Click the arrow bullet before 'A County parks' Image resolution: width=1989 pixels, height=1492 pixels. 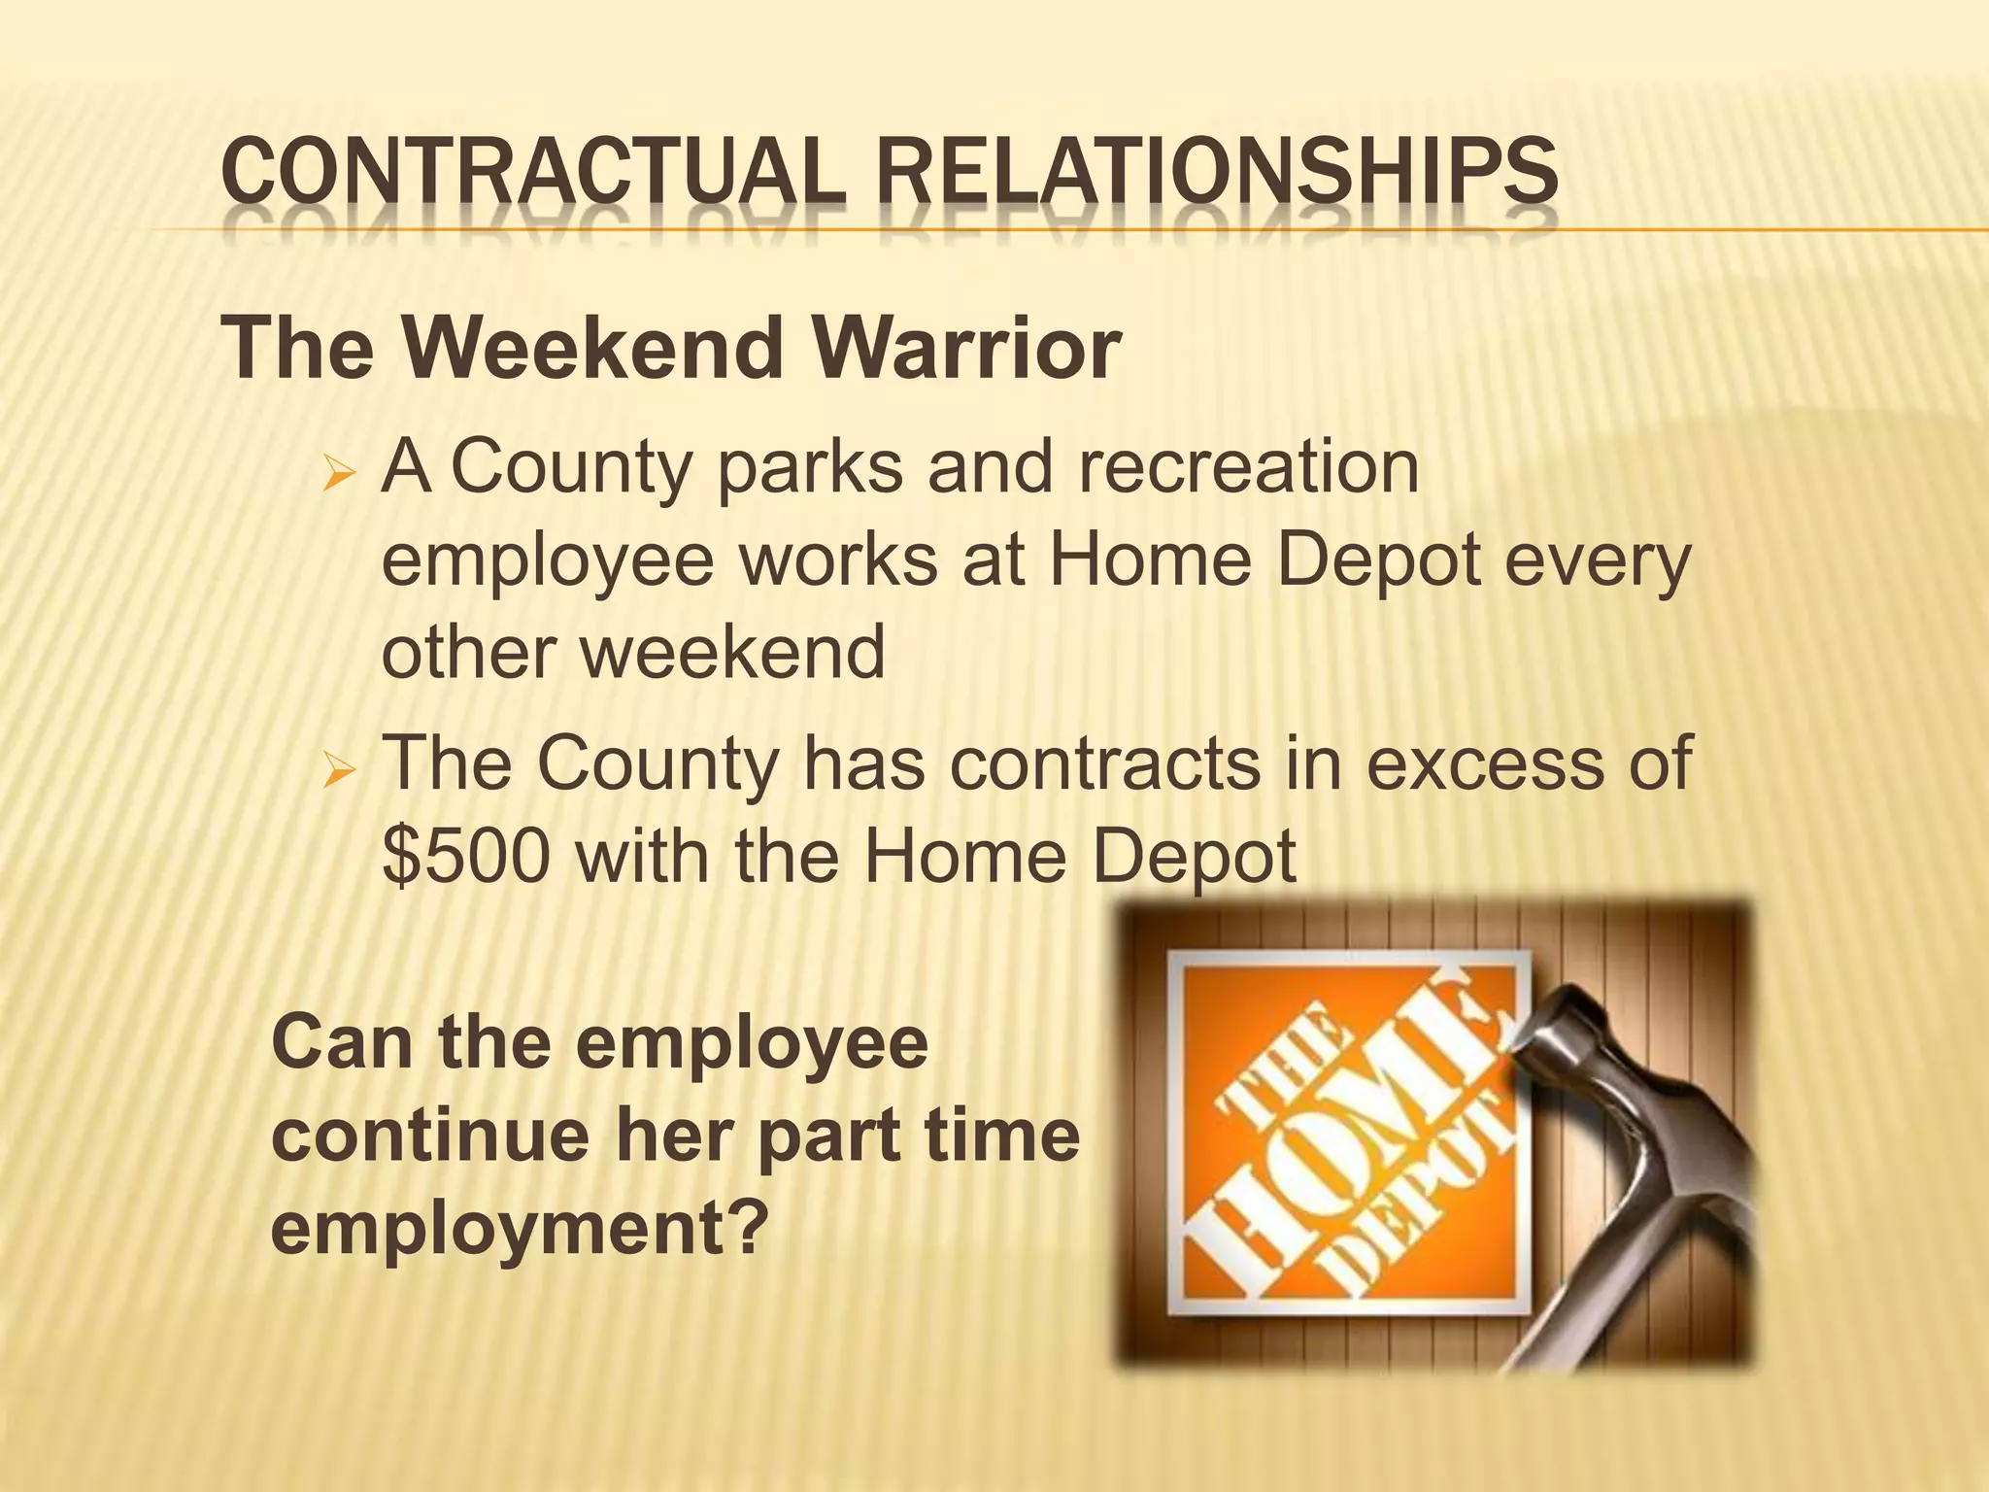342,477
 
